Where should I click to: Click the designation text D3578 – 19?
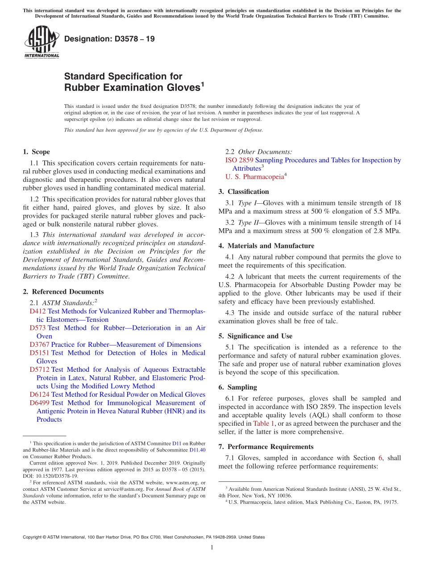pos(109,39)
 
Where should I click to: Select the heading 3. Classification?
pos(244,192)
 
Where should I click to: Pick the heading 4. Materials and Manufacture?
pos(266,246)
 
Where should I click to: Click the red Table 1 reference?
pos(264,423)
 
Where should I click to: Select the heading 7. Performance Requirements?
pos(266,447)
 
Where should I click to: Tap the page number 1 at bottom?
pos(212,547)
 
